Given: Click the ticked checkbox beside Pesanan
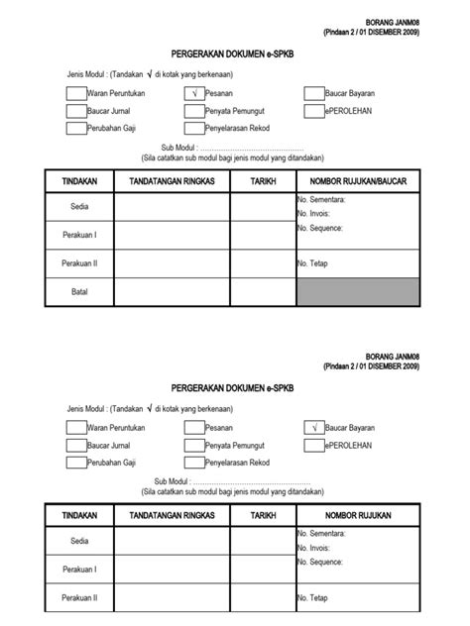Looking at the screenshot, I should (193, 93).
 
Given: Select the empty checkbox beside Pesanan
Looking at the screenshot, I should (193, 427).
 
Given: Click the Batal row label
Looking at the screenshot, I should (79, 292).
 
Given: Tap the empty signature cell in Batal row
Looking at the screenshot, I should (171, 292).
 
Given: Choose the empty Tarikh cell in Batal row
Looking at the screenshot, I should (263, 292).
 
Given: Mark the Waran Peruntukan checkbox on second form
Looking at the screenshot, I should (76, 427).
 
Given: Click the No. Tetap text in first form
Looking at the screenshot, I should (311, 263).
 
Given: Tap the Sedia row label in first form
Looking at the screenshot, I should (79, 208).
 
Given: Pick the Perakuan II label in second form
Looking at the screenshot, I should (79, 598).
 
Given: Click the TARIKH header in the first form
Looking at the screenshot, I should (263, 181).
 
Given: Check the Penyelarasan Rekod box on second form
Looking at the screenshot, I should (193, 463).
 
